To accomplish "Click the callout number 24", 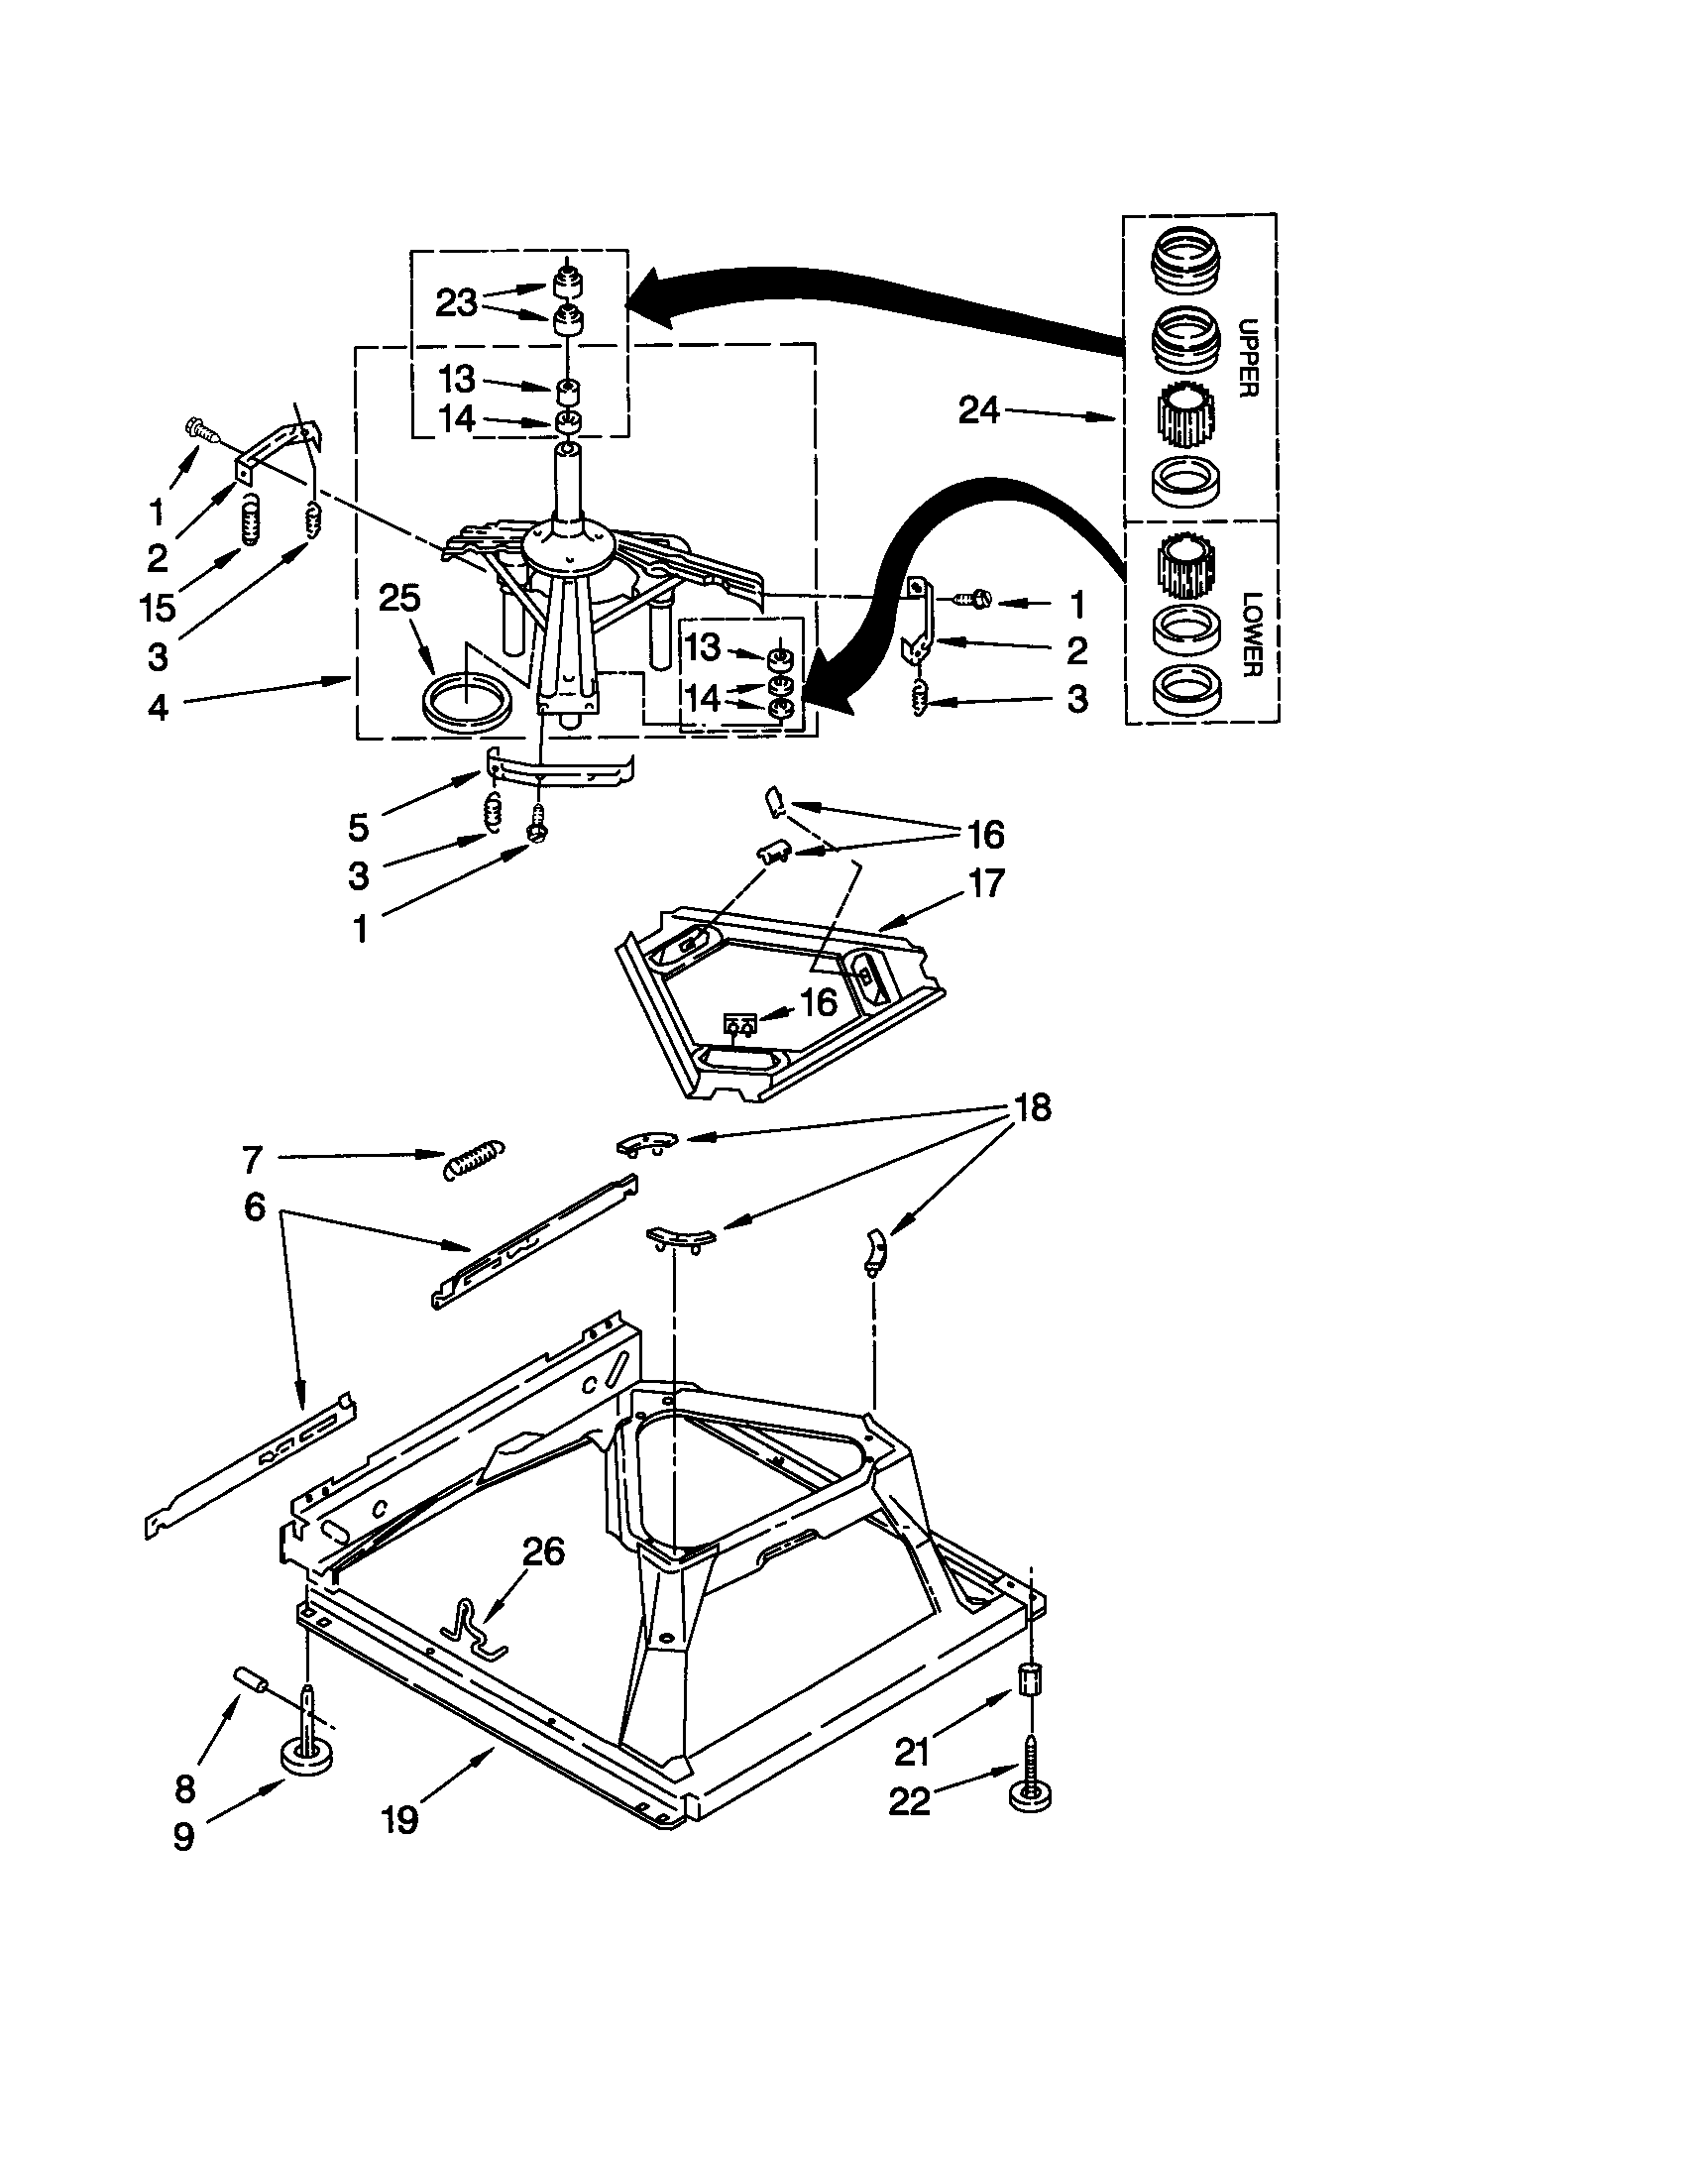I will pos(978,409).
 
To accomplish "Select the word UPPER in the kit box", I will pos(1247,359).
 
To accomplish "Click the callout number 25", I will pos(399,598).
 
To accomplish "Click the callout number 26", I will pos(543,1550).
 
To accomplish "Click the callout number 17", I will pos(986,882).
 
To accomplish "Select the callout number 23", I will pos(456,302).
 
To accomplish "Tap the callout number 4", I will pos(159,708).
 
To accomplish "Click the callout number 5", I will pos(359,827).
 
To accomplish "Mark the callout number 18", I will pos(1032,1107).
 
